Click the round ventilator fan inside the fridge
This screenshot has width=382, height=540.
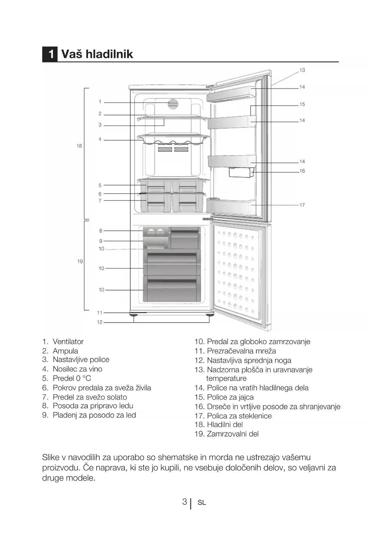pos(173,104)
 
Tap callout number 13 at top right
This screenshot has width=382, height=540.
pos(302,70)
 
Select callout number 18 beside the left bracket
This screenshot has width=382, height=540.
pos(79,146)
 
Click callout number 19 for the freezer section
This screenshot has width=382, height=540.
pos(80,261)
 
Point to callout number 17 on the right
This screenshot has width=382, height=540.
pos(302,205)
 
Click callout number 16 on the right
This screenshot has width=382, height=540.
pos(302,171)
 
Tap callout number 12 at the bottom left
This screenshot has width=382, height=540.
pos(99,322)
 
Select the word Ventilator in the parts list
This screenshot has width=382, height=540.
pos(68,342)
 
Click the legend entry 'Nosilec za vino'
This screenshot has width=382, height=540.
pos(77,369)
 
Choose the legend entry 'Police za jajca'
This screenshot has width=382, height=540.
pos(230,397)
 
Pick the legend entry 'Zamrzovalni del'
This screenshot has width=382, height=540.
pos(232,434)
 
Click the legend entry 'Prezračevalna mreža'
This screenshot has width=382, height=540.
pos(241,351)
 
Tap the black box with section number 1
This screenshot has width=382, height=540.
pos(50,54)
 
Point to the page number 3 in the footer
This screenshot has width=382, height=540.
pos(184,502)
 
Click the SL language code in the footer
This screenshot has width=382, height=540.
pos(202,503)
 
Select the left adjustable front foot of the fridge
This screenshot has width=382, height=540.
pos(134,315)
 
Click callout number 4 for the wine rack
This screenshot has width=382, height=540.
pos(100,139)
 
